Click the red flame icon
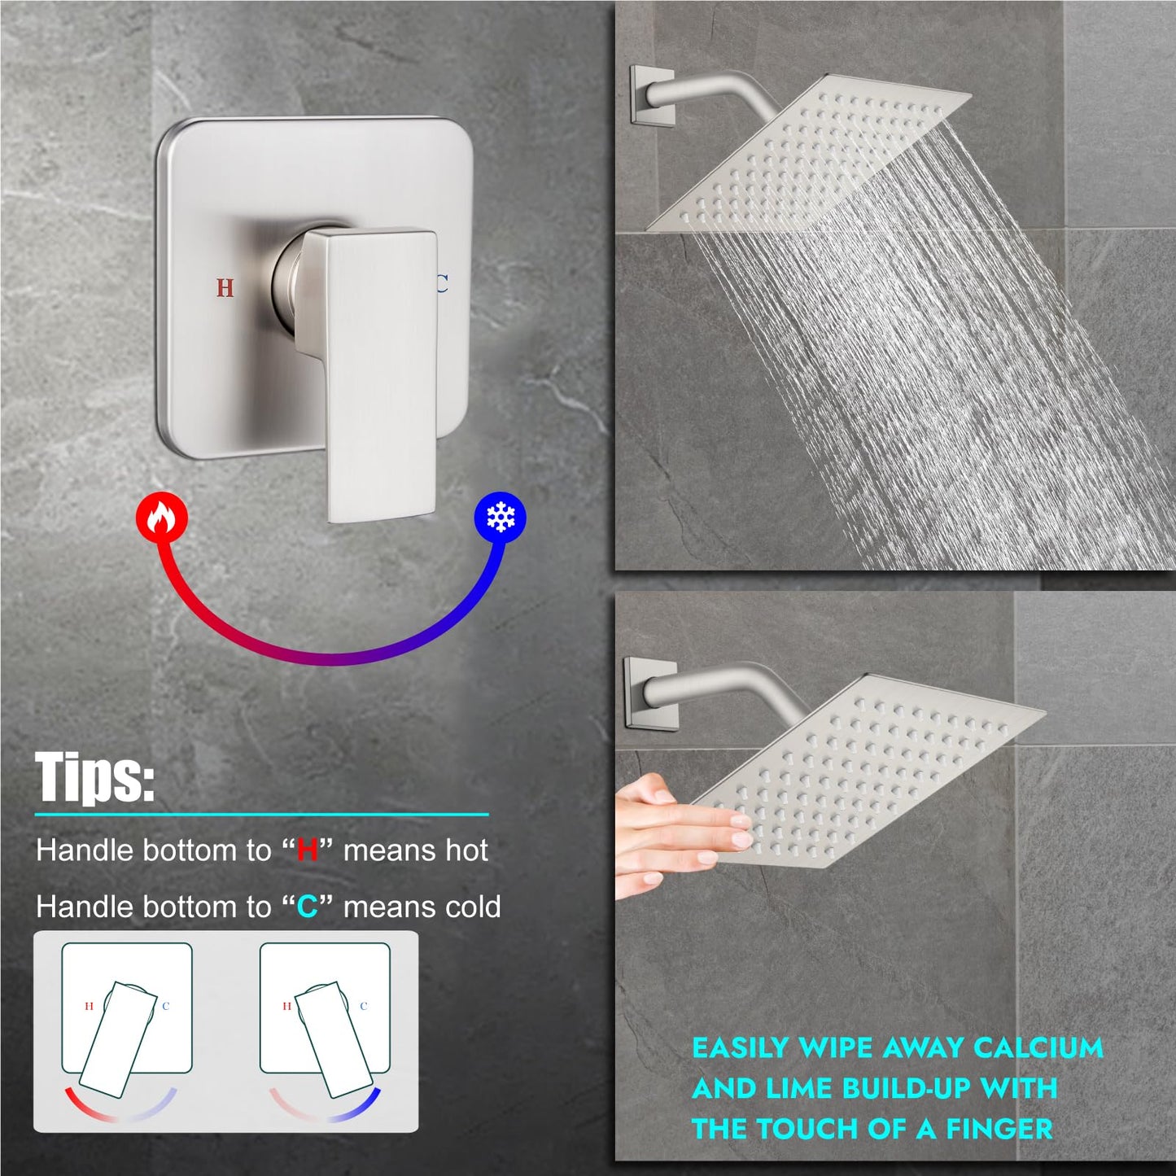(x=162, y=517)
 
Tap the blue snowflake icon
(x=500, y=518)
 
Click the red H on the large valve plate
(x=225, y=287)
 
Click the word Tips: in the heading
(x=94, y=777)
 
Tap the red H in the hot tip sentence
(x=308, y=850)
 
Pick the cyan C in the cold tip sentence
(x=308, y=907)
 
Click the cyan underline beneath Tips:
(x=262, y=814)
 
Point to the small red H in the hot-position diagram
(x=89, y=1007)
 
